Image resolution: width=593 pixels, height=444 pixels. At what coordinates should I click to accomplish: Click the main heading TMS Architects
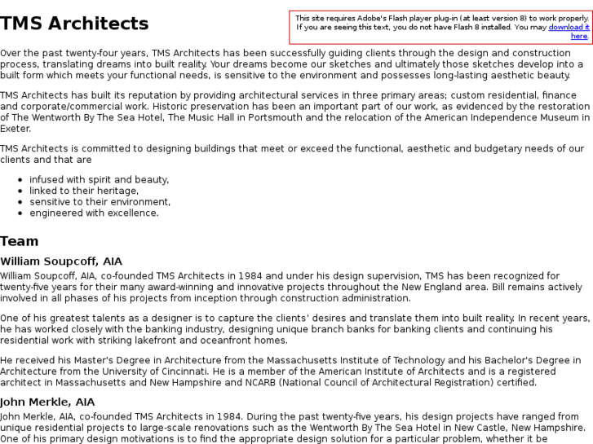point(74,24)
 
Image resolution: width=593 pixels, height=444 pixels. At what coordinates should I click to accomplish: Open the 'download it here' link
point(570,31)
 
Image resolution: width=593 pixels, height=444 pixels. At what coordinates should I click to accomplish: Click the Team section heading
point(20,241)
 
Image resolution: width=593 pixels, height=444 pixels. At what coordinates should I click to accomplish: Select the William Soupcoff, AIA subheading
point(61,262)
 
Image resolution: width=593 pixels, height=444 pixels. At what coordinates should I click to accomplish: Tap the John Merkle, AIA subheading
point(47,402)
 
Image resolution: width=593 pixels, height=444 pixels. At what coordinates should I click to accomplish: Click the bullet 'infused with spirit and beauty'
point(99,179)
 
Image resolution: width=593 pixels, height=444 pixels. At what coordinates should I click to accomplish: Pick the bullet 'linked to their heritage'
point(84,191)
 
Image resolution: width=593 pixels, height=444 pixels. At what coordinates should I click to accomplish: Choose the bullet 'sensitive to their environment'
point(100,202)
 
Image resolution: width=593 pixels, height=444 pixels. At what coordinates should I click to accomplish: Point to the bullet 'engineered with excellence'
point(94,213)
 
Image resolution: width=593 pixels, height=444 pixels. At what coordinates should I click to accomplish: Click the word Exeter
point(15,129)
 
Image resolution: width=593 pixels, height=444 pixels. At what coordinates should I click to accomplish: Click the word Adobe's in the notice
point(373,18)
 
